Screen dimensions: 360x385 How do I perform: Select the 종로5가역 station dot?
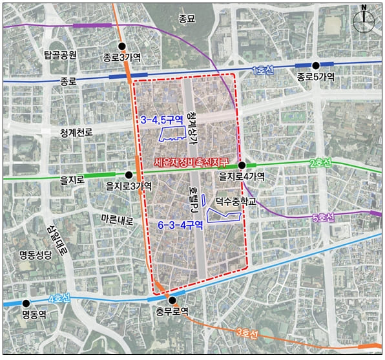click(316, 65)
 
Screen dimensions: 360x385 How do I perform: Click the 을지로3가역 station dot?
click(129, 175)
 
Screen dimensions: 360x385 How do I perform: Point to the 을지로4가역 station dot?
click(240, 165)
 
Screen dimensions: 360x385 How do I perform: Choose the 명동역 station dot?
click(26, 303)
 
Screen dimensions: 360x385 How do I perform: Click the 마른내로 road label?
click(116, 220)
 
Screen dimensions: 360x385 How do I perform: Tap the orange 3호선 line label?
click(247, 334)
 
